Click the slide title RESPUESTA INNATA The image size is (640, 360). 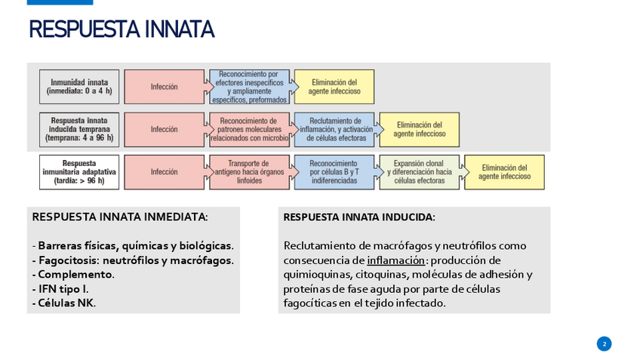[122, 29]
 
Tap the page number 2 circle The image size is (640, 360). [604, 344]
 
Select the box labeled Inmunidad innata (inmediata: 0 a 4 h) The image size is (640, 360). [79, 87]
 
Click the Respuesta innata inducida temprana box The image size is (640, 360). [79, 129]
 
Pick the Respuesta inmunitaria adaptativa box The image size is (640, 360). [79, 172]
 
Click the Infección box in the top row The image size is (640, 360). [164, 87]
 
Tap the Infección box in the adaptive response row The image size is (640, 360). [164, 172]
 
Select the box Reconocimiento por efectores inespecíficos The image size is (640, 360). [249, 87]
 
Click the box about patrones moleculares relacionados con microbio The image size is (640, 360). [249, 129]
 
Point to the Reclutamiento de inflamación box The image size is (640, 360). [334, 129]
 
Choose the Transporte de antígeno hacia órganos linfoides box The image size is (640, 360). [249, 172]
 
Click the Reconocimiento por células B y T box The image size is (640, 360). [334, 172]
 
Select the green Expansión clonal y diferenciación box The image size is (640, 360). [419, 172]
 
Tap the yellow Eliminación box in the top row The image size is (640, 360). [334, 87]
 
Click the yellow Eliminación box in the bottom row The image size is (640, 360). [504, 172]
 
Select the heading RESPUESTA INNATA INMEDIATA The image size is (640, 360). [120, 217]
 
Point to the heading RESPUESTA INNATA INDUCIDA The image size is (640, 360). [359, 217]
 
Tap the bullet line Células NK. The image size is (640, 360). [64, 303]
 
